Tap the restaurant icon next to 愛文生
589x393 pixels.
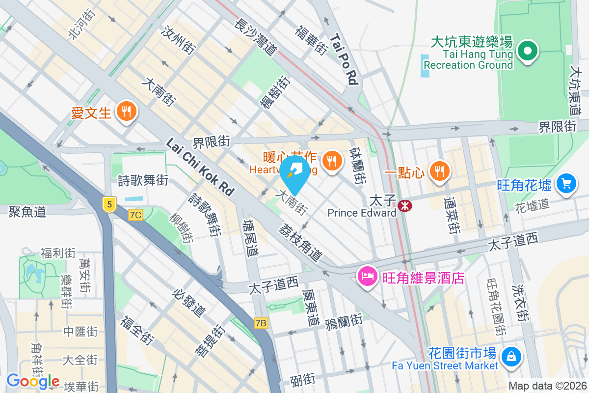coord(127,111)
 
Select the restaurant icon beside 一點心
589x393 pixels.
coord(437,171)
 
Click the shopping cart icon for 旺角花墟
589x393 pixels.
coord(566,184)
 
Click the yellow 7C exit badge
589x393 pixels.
coord(135,215)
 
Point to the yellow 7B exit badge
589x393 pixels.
coord(262,323)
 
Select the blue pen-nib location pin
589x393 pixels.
coord(295,171)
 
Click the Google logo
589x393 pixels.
coord(33,381)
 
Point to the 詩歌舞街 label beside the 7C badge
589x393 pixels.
coord(143,180)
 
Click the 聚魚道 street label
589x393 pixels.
coord(27,212)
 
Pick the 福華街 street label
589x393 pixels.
coord(311,39)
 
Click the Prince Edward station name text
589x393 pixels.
coord(362,213)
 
